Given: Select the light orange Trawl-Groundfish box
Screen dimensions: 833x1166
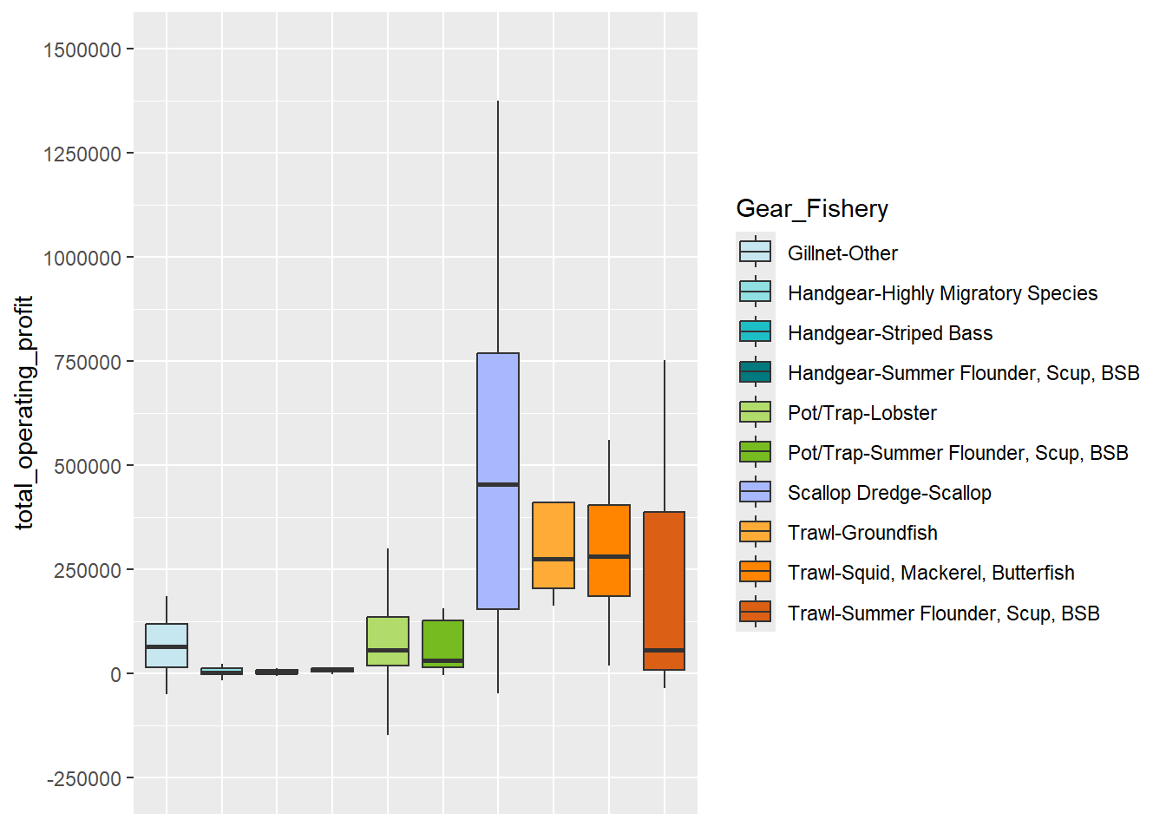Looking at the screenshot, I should [x=554, y=529].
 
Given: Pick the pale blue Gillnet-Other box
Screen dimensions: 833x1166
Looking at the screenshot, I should [x=167, y=638].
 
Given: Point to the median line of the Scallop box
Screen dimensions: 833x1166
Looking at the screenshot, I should [x=498, y=484].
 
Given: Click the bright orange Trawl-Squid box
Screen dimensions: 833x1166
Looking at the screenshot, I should [x=609, y=529].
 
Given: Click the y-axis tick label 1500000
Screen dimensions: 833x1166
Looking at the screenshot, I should [x=82, y=50].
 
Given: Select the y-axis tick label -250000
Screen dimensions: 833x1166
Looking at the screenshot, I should [x=84, y=779].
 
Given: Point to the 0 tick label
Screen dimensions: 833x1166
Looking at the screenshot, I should [x=115, y=675].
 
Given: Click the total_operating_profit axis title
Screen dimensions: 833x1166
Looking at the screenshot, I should [x=24, y=413].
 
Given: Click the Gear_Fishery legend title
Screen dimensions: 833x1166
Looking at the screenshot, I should [x=812, y=209].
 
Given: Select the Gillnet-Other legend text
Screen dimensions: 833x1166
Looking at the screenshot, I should [x=842, y=253].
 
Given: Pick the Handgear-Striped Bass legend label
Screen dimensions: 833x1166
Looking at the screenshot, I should [x=890, y=333].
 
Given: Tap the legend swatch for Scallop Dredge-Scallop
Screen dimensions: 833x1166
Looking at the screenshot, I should [x=755, y=493].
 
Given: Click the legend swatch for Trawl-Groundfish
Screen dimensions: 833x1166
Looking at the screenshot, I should [x=755, y=533].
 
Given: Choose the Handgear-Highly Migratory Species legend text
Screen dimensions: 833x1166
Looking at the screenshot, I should [x=942, y=293].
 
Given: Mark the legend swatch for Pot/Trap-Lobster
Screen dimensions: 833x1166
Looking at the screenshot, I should [x=755, y=413].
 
